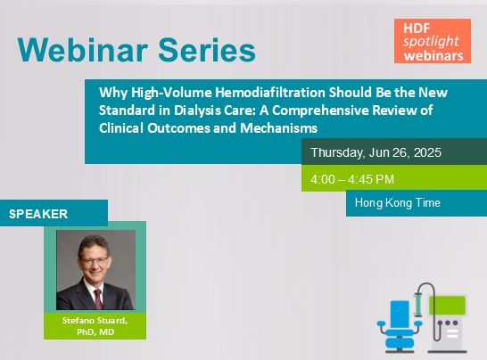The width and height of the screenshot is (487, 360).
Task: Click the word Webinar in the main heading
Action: pos(83,50)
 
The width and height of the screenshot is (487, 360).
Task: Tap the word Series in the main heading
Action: pos(207,50)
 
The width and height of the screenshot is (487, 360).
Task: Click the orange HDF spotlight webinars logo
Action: pos(433,41)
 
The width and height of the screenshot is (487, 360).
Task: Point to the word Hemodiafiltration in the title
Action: pos(270,92)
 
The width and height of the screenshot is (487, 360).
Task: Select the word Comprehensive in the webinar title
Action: pos(320,110)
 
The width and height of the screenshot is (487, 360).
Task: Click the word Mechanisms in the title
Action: pos(278,127)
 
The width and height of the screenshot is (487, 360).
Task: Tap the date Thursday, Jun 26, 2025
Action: pos(376,152)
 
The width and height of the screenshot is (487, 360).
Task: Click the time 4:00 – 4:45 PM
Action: pos(352,179)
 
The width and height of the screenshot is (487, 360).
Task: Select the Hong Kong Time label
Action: pos(398,202)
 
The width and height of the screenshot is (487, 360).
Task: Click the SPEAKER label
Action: pos(38,214)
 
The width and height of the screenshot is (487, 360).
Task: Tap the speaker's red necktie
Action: pos(98,299)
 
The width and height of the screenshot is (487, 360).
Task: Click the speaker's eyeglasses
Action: pos(95,261)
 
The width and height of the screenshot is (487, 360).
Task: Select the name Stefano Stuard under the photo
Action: pos(95,320)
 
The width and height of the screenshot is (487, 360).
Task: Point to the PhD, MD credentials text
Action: pos(95,332)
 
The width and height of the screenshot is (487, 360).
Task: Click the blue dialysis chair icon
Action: pos(400,326)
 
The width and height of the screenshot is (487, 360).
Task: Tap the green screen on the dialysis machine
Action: pos(447,306)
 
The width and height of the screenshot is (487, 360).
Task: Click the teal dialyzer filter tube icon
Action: pos(417,305)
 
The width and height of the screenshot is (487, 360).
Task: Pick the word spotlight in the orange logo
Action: pos(431,42)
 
